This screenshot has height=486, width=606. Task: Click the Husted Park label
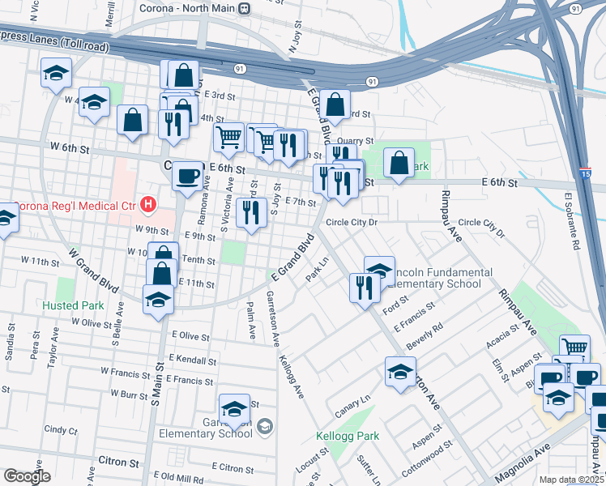(x=73, y=306)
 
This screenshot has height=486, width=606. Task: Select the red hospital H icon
(x=147, y=204)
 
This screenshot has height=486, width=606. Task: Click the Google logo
(x=27, y=476)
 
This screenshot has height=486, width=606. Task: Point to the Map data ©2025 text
(x=570, y=480)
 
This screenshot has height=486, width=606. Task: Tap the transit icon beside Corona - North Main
(x=244, y=8)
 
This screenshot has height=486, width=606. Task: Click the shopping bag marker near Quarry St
(x=335, y=104)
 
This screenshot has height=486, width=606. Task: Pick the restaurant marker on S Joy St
(x=252, y=214)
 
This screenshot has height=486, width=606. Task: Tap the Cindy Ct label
(x=60, y=429)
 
